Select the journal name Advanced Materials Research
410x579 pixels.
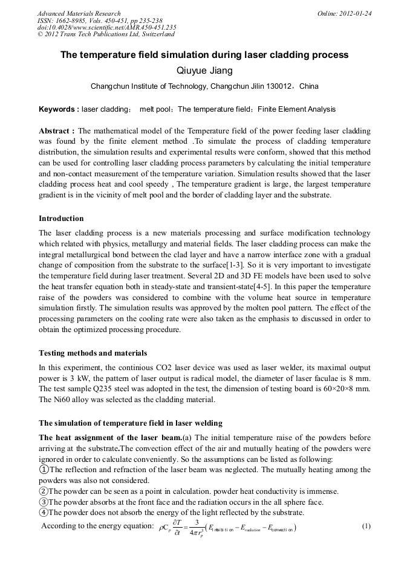point(79,13)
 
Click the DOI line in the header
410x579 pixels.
point(106,28)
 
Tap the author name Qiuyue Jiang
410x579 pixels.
point(204,71)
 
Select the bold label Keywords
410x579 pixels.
point(57,109)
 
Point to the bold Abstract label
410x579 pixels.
point(56,130)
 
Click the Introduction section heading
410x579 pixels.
point(61,219)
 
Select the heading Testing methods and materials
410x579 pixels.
point(93,353)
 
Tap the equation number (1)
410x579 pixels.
point(366,526)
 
